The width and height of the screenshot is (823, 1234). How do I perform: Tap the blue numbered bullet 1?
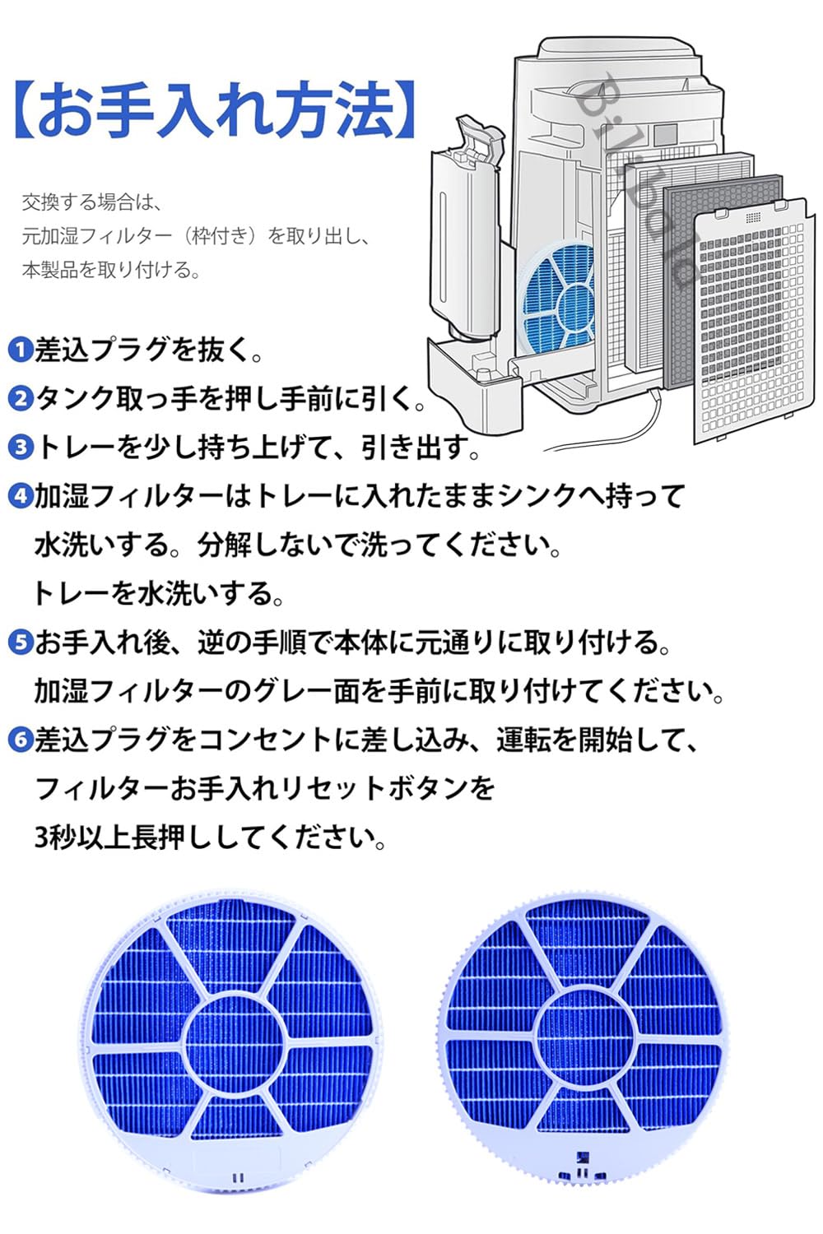pyautogui.click(x=19, y=350)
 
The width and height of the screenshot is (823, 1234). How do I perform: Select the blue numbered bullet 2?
pyautogui.click(x=19, y=400)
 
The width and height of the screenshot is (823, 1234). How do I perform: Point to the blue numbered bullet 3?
pyautogui.click(x=19, y=448)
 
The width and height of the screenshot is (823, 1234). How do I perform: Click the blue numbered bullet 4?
pyautogui.click(x=19, y=497)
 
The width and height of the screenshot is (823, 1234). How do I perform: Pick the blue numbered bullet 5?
pyautogui.click(x=19, y=643)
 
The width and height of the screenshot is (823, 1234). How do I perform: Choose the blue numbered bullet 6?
pyautogui.click(x=19, y=740)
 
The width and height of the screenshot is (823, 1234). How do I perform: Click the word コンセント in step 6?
pyautogui.click(x=265, y=740)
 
